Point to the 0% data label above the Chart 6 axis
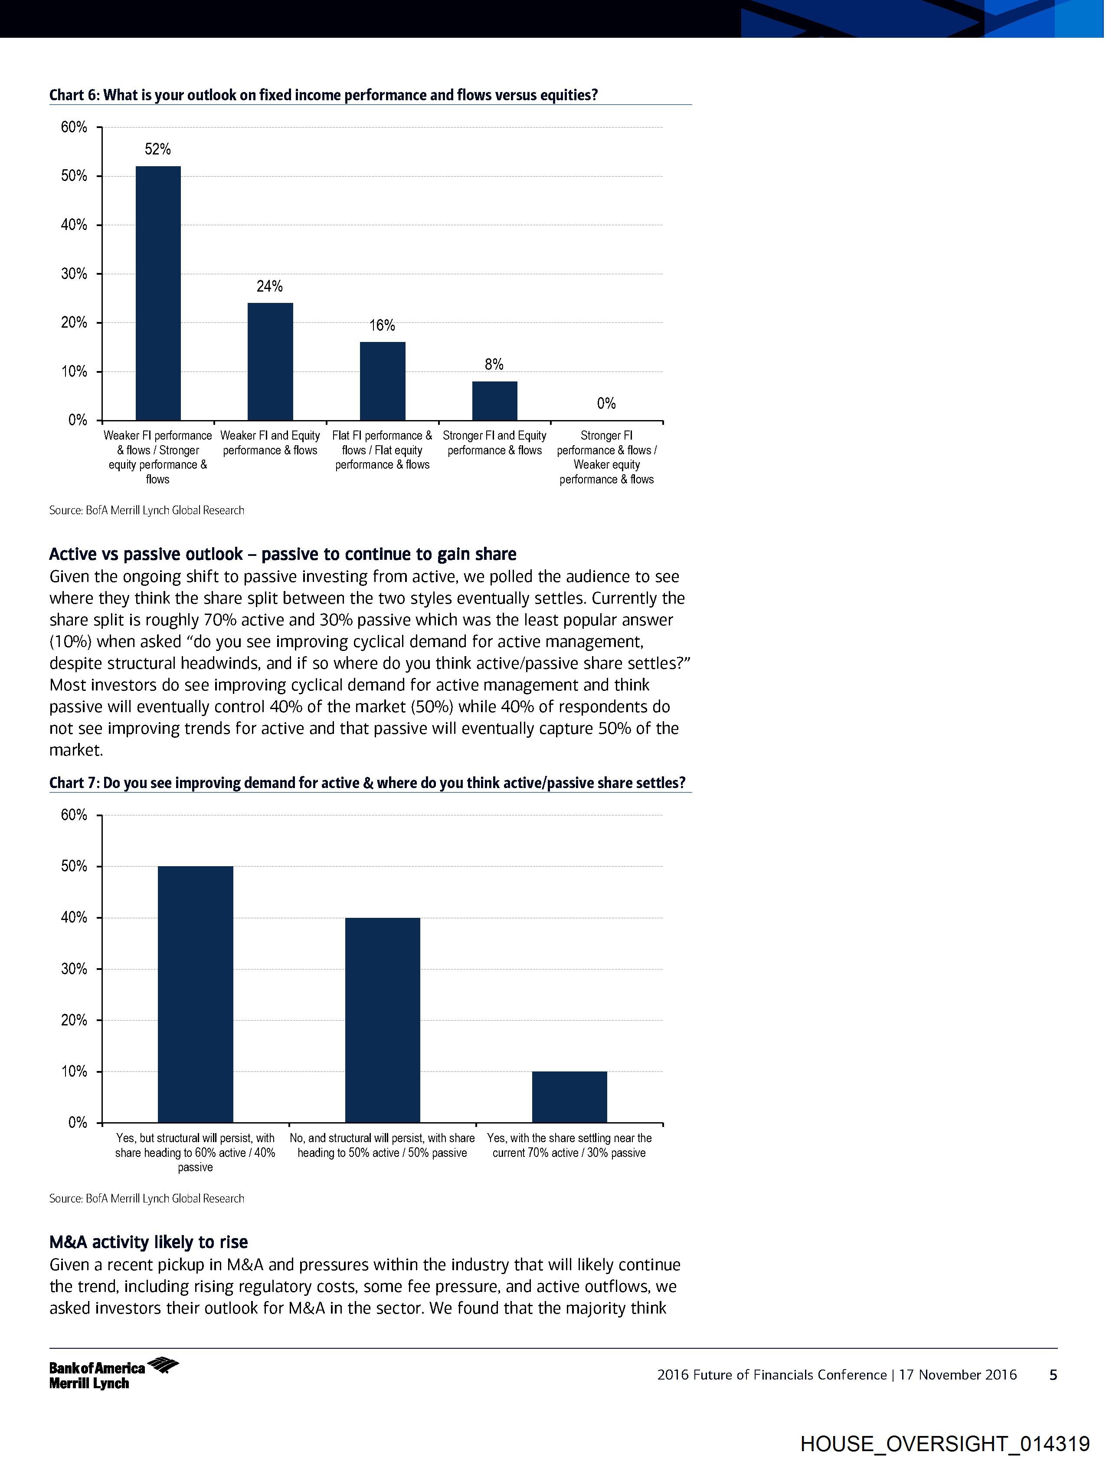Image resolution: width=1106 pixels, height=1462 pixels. pyautogui.click(x=606, y=403)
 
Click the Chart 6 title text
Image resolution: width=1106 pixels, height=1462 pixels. pyautogui.click(x=323, y=95)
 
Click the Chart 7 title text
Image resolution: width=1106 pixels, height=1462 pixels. pyautogui.click(x=367, y=783)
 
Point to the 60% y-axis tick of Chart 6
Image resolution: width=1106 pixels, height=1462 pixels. pyautogui.click(x=74, y=127)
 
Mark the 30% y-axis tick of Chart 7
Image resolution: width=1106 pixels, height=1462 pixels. pyautogui.click(x=74, y=969)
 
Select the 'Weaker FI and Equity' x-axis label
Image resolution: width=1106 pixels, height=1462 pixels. pyautogui.click(x=270, y=443)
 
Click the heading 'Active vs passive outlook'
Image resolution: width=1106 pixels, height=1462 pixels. pyautogui.click(x=283, y=554)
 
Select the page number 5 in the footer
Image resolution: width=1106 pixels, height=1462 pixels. pyautogui.click(x=1053, y=1375)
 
